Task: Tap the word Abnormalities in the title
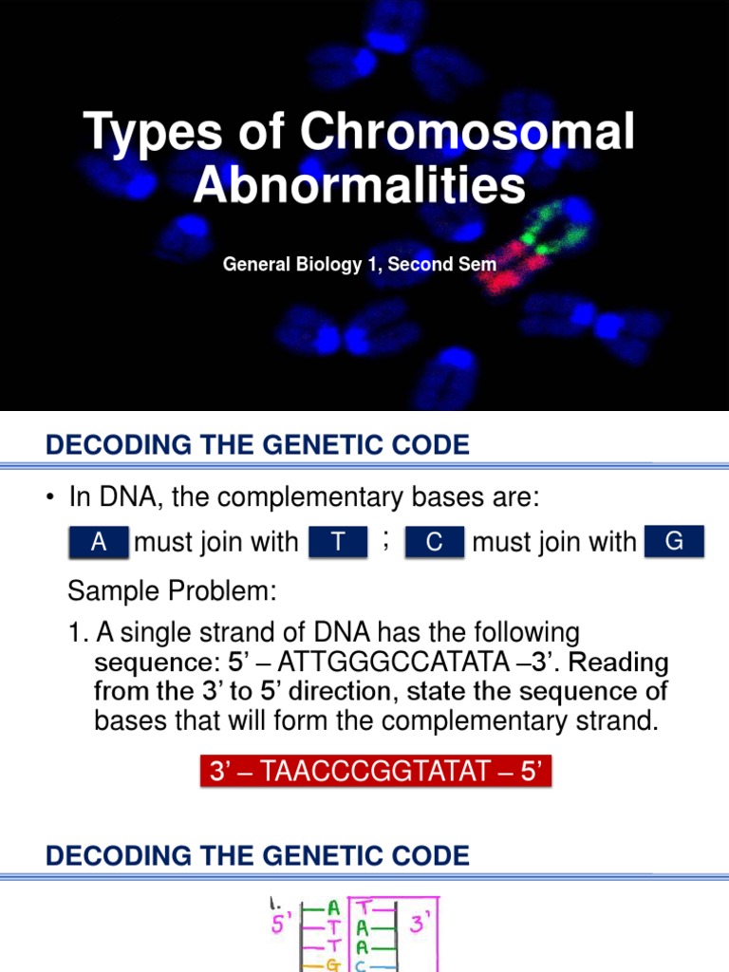[x=359, y=185]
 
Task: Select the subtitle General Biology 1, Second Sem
[x=359, y=264]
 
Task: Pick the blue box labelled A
[x=99, y=542]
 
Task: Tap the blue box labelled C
[x=435, y=542]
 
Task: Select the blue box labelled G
[x=674, y=541]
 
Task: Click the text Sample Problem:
[x=172, y=592]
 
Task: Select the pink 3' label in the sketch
[x=418, y=922]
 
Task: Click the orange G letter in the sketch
[x=332, y=964]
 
